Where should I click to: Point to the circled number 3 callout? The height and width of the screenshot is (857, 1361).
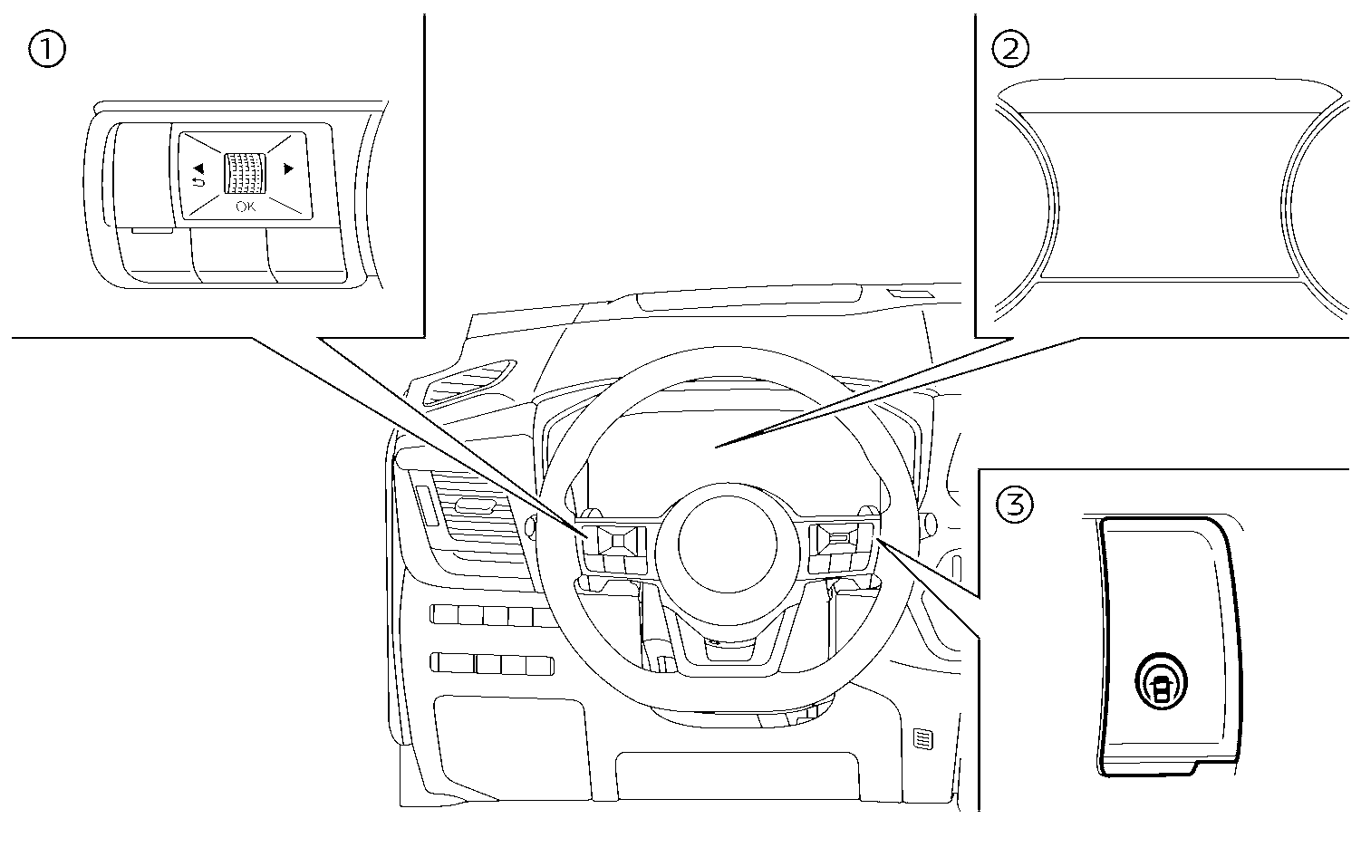[x=1014, y=504]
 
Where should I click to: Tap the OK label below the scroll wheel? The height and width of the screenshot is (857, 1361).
[x=245, y=207]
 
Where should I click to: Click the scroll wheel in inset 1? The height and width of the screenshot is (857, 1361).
[x=245, y=171]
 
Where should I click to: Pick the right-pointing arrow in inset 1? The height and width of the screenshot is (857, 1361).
[x=289, y=168]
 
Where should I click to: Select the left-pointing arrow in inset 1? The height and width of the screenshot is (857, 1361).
[x=198, y=168]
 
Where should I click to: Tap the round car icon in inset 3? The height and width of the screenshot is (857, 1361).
[x=1159, y=679]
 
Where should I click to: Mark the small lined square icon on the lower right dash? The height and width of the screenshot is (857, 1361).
[x=922, y=740]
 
